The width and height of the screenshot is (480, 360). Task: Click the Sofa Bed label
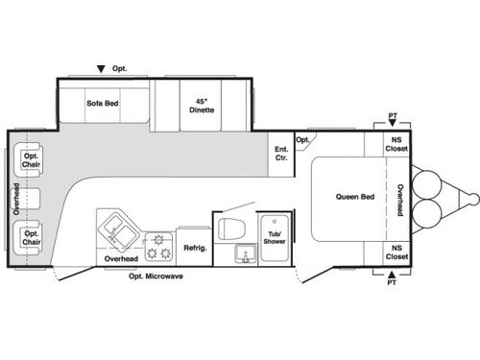[x=102, y=103]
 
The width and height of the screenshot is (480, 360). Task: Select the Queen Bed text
[x=353, y=197]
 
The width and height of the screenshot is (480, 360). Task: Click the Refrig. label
[x=196, y=248]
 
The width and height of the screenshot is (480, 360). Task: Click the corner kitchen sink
[x=117, y=230]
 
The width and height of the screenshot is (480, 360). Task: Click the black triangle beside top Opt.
[x=101, y=69]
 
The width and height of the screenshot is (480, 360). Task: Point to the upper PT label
[x=394, y=116]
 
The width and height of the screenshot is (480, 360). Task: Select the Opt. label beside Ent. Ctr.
[x=302, y=139]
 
